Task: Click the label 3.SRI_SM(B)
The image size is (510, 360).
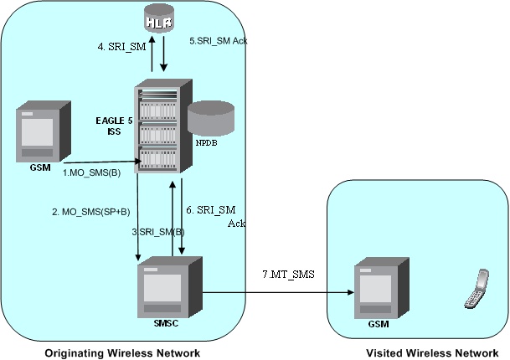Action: coord(159,230)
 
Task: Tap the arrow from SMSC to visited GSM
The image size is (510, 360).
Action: coord(276,293)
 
